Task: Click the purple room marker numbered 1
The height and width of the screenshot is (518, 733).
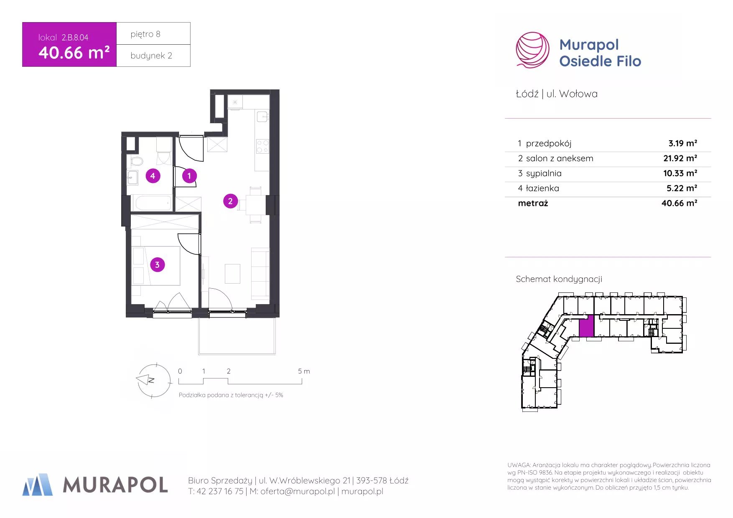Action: click(189, 176)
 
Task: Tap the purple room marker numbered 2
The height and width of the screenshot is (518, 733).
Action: click(230, 201)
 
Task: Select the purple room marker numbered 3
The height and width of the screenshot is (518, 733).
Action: click(157, 264)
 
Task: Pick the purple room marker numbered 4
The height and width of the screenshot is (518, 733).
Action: click(153, 176)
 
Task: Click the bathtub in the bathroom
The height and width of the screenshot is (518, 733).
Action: click(153, 203)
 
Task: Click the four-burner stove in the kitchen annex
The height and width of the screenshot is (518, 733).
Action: click(262, 146)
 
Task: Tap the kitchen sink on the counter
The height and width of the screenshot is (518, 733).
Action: click(262, 117)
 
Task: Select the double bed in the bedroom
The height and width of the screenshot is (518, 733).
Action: click(157, 266)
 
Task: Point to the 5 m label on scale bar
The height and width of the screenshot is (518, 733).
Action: click(304, 371)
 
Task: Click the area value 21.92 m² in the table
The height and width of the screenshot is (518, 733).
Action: click(680, 158)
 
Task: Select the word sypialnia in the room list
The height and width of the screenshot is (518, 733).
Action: click(544, 173)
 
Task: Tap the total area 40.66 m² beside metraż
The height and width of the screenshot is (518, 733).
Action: click(679, 203)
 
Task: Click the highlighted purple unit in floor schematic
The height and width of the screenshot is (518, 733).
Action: click(586, 326)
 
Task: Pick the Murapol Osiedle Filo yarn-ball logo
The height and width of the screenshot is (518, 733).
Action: click(532, 50)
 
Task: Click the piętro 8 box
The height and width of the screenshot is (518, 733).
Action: click(153, 33)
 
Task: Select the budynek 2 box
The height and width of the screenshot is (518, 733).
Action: click(153, 56)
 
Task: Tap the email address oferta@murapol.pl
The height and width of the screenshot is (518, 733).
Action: click(298, 492)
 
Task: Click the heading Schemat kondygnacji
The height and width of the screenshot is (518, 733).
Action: click(559, 279)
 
